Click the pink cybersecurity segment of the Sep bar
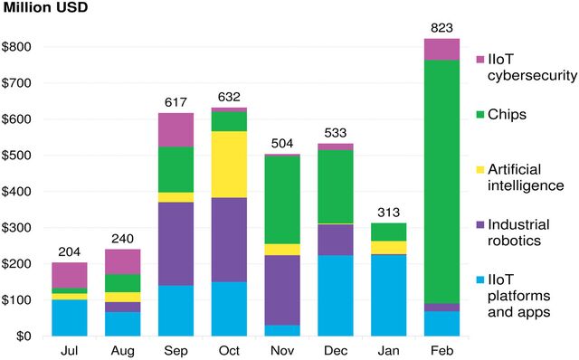[176, 129]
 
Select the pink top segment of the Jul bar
[70, 275]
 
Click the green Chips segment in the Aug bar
[123, 282]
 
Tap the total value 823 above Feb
[441, 28]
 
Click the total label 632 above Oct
[229, 97]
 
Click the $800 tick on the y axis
[20, 47]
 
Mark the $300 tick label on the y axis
[20, 228]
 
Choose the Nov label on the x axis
[282, 349]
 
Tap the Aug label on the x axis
[123, 349]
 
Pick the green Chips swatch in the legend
[480, 114]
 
